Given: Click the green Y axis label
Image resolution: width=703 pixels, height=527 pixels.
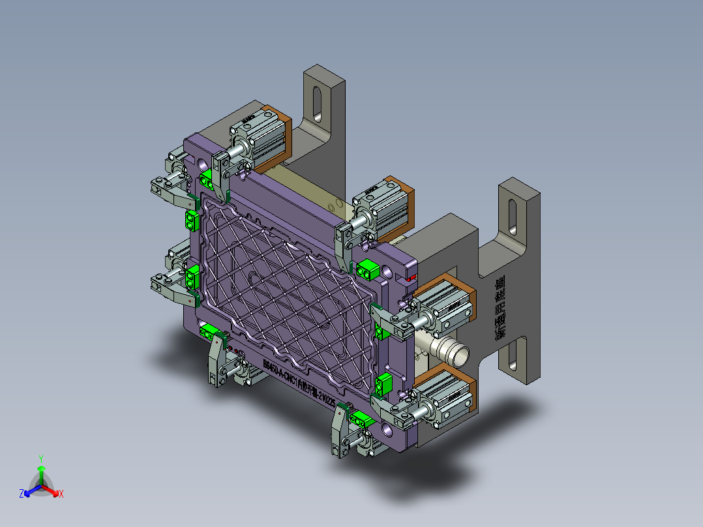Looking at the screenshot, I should (40, 459).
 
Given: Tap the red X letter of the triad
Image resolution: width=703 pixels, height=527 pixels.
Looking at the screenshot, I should (61, 494).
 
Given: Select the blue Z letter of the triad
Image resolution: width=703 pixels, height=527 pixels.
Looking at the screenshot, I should (22, 494).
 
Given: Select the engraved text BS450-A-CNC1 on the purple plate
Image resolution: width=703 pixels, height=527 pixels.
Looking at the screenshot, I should (280, 372).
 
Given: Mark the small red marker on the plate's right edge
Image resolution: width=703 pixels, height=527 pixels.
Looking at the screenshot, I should (411, 278).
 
